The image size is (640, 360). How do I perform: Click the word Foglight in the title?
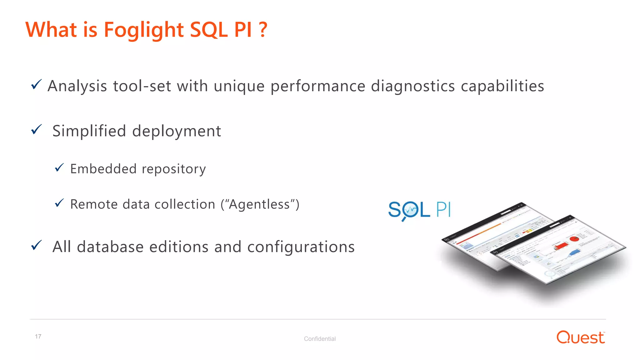(143, 30)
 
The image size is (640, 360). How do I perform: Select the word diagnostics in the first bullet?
(412, 86)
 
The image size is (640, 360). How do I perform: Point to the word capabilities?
(502, 86)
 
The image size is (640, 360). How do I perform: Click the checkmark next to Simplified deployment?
(36, 129)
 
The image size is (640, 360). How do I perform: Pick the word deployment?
(177, 131)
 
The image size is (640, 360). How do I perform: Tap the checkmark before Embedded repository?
(59, 168)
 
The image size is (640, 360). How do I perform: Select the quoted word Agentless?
(260, 204)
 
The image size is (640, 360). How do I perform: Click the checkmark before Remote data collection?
(59, 203)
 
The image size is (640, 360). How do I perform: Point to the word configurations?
(301, 247)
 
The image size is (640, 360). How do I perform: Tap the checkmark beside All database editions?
(36, 245)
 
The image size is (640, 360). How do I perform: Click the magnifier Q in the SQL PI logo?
(409, 210)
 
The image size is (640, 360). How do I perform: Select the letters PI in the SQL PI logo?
(443, 209)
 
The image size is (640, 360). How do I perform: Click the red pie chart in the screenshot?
(574, 239)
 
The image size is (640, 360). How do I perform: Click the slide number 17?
(38, 337)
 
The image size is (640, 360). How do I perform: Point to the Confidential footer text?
(320, 339)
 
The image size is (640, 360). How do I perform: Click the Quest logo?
(580, 337)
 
